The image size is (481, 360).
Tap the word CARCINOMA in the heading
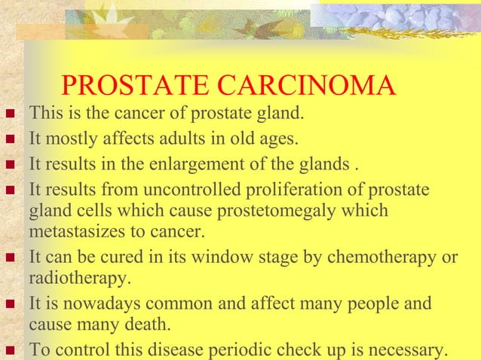317,87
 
